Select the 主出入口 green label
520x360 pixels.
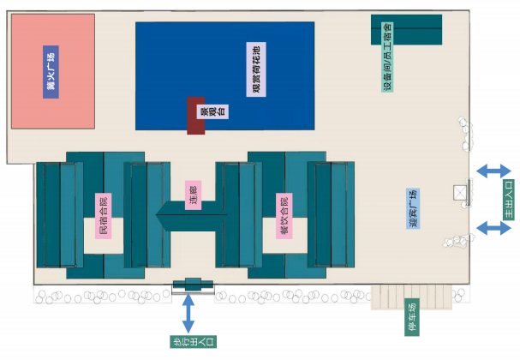[x=507, y=199]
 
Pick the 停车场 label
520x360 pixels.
[x=411, y=318]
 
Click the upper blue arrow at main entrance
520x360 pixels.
[x=493, y=171]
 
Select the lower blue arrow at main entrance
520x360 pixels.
[x=493, y=227]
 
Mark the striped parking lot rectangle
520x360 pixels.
[x=410, y=296]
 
